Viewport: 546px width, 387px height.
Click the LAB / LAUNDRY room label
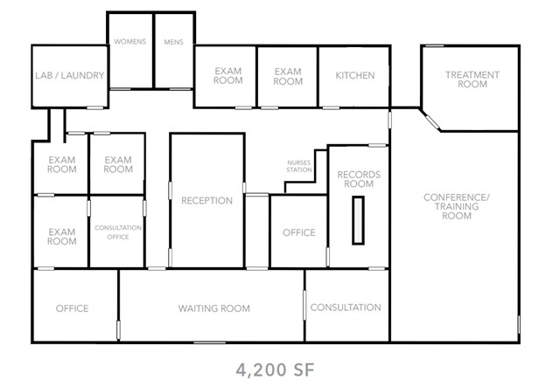click(70, 76)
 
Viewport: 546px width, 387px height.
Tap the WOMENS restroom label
click(130, 42)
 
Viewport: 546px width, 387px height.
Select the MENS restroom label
click(173, 42)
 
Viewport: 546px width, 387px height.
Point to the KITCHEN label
click(354, 76)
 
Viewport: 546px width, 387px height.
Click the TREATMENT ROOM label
click(472, 79)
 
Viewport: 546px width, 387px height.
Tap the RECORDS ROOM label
click(359, 180)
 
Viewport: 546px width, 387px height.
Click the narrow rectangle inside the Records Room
click(358, 221)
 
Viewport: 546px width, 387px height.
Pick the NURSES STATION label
click(299, 167)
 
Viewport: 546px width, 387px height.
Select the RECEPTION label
click(206, 201)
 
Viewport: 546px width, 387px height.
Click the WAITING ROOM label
click(213, 308)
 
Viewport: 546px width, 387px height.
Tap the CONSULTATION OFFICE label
click(118, 232)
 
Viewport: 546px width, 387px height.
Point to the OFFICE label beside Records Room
click(298, 232)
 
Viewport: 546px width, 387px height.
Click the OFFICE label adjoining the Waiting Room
click(72, 308)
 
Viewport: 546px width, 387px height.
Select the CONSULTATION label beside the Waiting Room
click(346, 308)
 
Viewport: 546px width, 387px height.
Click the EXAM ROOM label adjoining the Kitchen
click(287, 76)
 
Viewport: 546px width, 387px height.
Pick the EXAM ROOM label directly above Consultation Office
click(117, 164)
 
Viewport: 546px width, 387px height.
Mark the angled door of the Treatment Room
click(430, 121)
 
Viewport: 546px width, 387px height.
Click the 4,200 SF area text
click(274, 370)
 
